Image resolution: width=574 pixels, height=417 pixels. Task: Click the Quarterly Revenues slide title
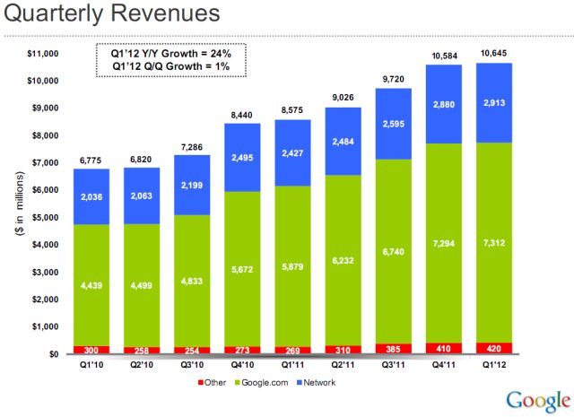(110, 15)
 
